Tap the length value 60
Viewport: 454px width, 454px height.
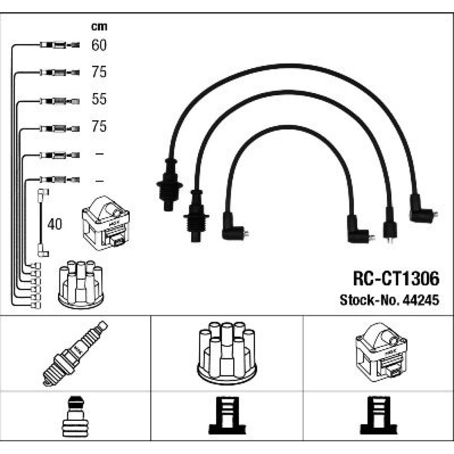pos(99,45)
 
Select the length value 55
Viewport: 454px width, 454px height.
pos(99,99)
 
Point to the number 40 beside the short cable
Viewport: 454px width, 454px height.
pos(55,224)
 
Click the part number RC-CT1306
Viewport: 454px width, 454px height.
pos(396,279)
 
